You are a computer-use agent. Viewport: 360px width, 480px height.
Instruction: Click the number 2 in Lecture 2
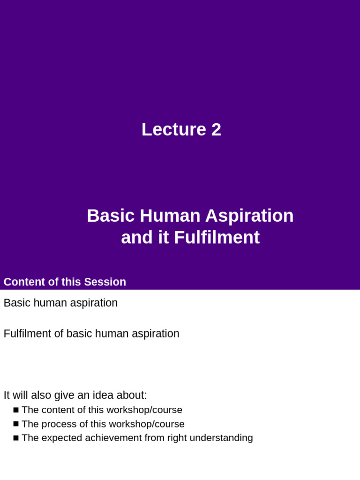pyautogui.click(x=216, y=130)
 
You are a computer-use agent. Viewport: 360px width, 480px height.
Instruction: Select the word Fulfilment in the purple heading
pyautogui.click(x=217, y=238)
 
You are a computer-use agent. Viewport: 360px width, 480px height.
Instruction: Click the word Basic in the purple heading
pyautogui.click(x=109, y=216)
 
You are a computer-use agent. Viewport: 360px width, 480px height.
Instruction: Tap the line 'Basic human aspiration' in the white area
pyautogui.click(x=60, y=303)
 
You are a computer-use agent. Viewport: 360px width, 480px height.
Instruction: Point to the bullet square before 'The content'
pyautogui.click(x=16, y=410)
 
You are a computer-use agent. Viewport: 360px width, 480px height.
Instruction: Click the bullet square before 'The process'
pyautogui.click(x=16, y=424)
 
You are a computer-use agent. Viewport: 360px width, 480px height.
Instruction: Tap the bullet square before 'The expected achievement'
pyautogui.click(x=16, y=438)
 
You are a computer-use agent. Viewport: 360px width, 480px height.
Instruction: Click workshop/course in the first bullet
pyautogui.click(x=144, y=410)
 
